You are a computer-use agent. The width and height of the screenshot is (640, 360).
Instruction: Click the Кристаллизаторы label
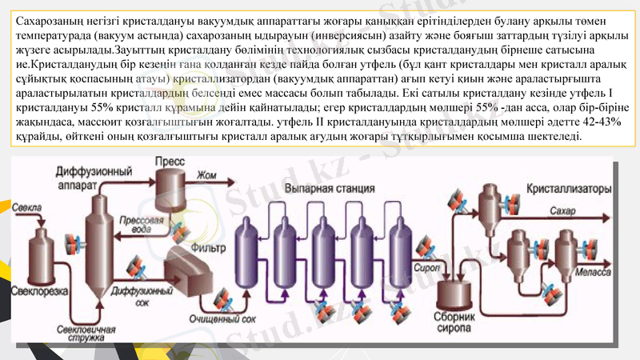[569, 190]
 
